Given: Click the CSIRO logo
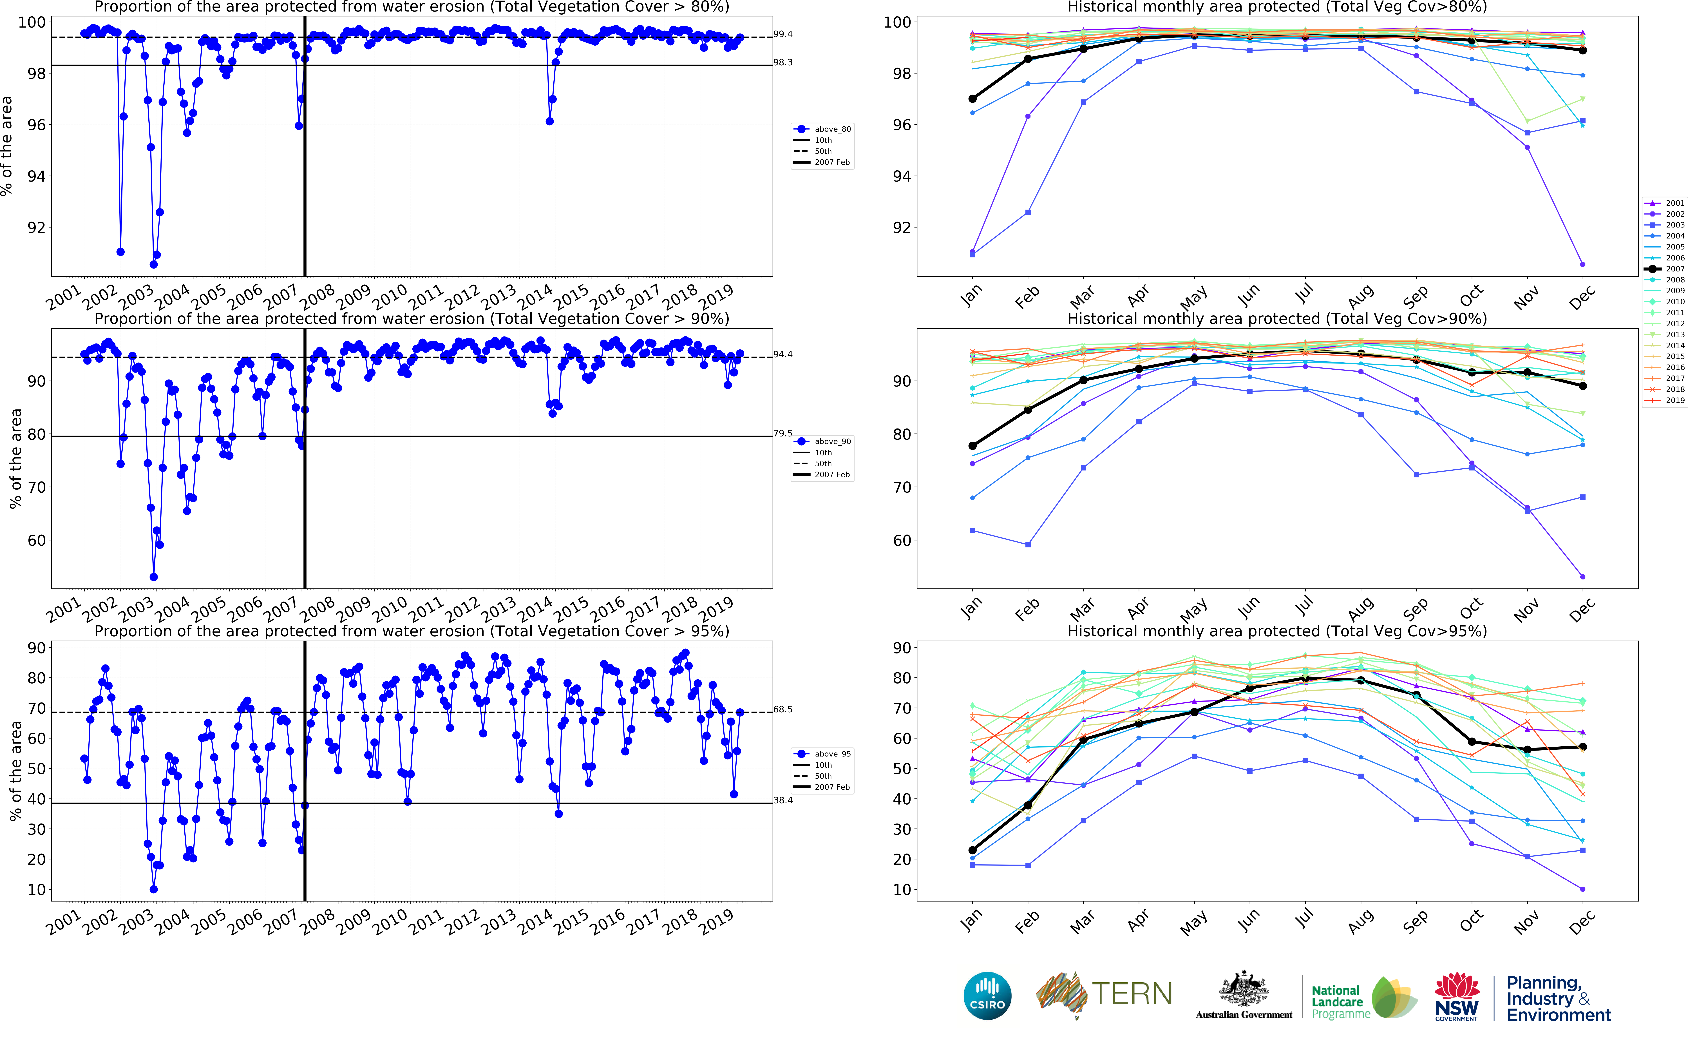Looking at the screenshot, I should coord(987,995).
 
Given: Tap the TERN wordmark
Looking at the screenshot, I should coord(1132,994).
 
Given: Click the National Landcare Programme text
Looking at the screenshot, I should coord(1337,1001).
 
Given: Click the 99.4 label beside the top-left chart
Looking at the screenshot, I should coord(782,34).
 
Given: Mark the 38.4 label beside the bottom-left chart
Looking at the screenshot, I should coord(782,801).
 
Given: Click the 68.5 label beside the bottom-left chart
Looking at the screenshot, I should coord(782,709).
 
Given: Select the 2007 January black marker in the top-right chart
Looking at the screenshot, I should coord(972,99).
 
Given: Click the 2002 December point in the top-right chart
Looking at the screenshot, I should coord(1583,264).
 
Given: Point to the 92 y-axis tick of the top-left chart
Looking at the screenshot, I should coord(36,228).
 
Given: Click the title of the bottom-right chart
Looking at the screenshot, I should coord(1277,631).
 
